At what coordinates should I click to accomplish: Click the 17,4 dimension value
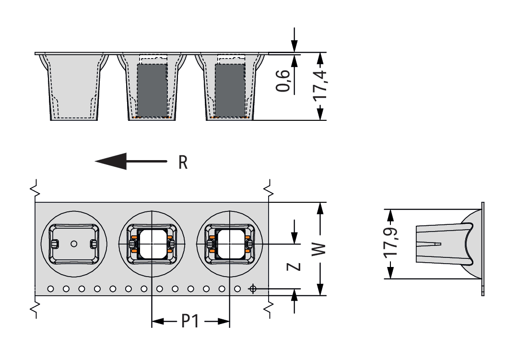click(320, 85)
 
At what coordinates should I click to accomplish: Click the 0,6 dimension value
click(283, 80)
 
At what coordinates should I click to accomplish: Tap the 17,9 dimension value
click(391, 243)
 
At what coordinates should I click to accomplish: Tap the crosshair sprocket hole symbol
click(252, 289)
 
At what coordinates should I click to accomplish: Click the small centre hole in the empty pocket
click(73, 244)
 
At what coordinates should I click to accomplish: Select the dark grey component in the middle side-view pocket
click(152, 89)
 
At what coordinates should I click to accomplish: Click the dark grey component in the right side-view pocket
click(230, 89)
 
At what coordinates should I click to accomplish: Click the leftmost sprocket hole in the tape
click(51, 289)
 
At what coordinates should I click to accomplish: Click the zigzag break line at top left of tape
click(35, 189)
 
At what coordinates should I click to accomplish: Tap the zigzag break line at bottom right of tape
click(269, 308)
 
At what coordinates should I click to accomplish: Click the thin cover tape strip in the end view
click(482, 249)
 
